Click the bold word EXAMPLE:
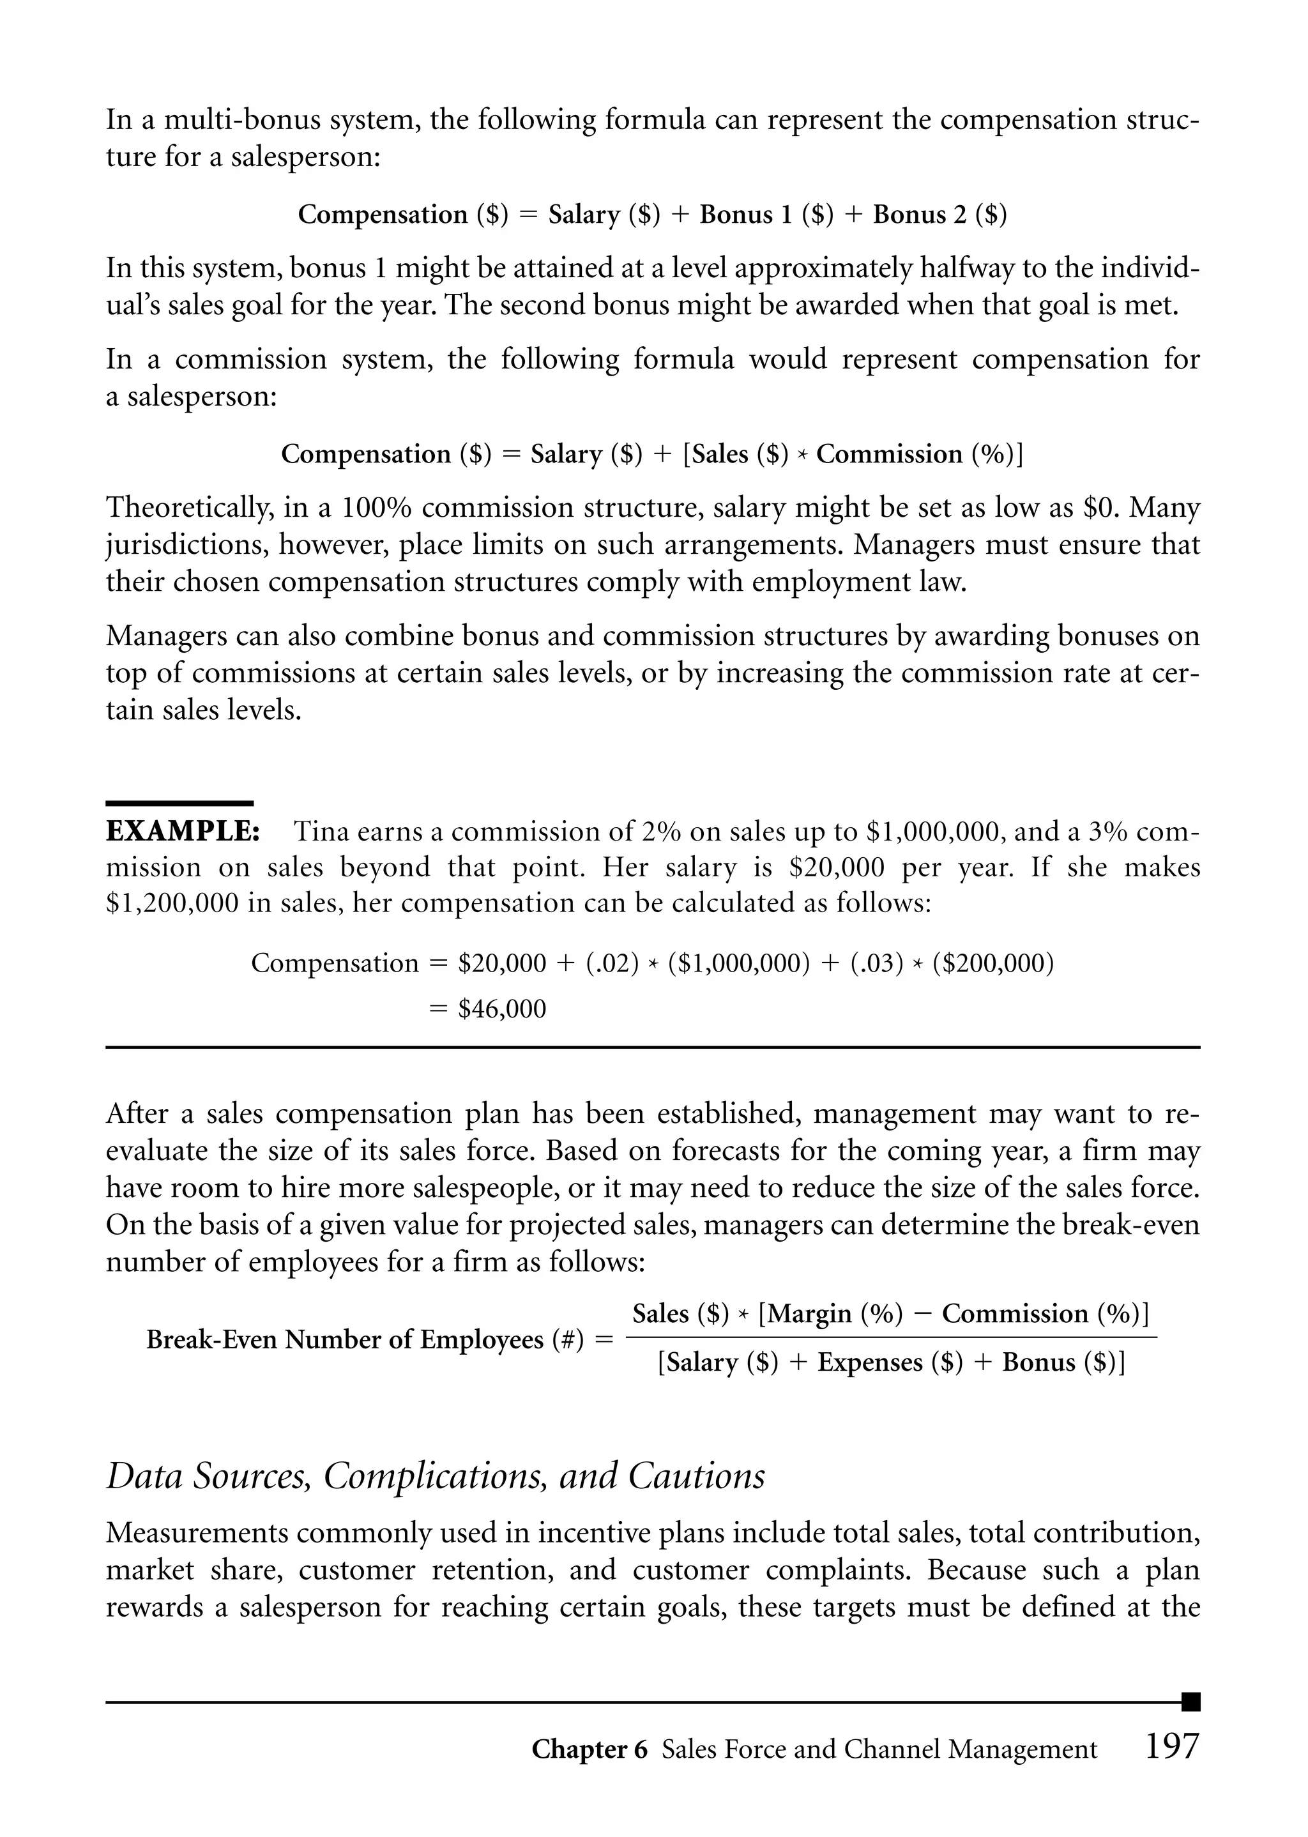coord(183,831)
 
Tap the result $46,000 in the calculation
coord(502,1009)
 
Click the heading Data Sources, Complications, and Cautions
coord(436,1476)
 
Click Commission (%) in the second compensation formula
coord(916,454)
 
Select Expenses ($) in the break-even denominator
coord(890,1362)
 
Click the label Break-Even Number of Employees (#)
coord(365,1339)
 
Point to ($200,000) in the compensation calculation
coord(992,963)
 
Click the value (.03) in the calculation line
coord(877,963)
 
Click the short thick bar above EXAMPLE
coord(179,803)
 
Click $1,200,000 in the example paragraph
coord(172,903)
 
